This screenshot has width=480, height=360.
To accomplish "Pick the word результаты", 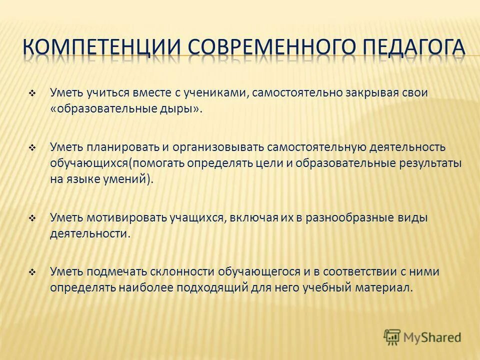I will (x=429, y=163).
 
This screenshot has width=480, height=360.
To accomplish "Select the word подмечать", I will (x=118, y=272).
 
